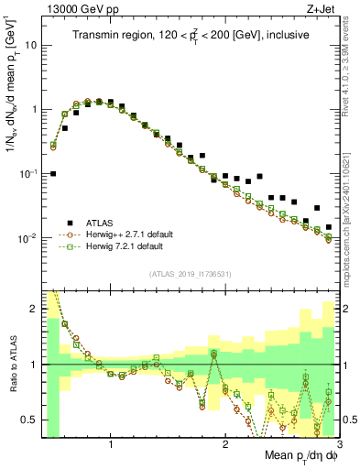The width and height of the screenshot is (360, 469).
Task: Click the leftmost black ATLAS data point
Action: (x=53, y=173)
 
